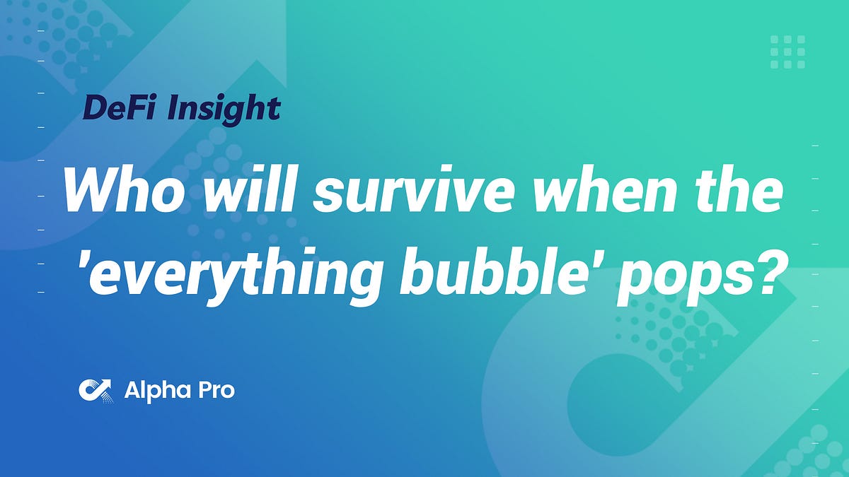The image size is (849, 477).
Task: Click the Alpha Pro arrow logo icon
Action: (95, 389)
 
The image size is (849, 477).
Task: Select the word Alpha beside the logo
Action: (154, 389)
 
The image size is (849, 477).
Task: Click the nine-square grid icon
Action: (787, 52)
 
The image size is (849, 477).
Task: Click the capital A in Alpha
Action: (132, 389)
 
